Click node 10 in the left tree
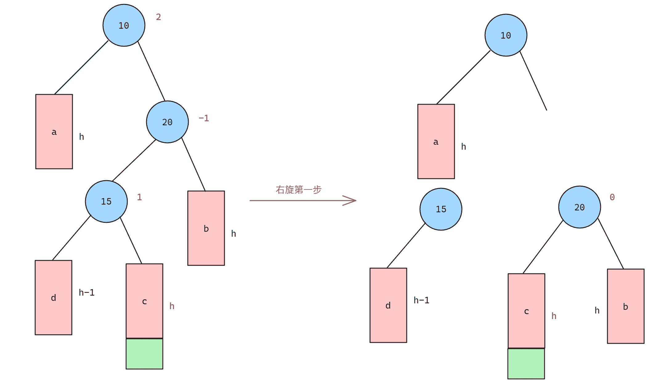(x=124, y=25)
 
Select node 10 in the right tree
(x=506, y=35)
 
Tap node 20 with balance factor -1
(x=167, y=122)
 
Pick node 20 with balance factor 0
(x=579, y=207)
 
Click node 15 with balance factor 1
(x=106, y=201)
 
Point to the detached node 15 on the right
(x=441, y=209)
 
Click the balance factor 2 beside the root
(x=158, y=17)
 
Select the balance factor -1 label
(x=204, y=118)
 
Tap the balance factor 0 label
(x=612, y=197)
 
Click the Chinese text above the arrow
(x=298, y=189)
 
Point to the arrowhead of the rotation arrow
(x=356, y=201)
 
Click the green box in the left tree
(x=144, y=354)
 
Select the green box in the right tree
(x=526, y=363)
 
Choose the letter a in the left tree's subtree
(x=54, y=132)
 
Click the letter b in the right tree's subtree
(x=625, y=306)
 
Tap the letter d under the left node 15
(x=53, y=297)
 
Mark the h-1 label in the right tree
(x=422, y=300)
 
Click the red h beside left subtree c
(x=172, y=306)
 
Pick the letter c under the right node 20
(x=526, y=311)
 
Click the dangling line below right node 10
(x=533, y=81)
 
